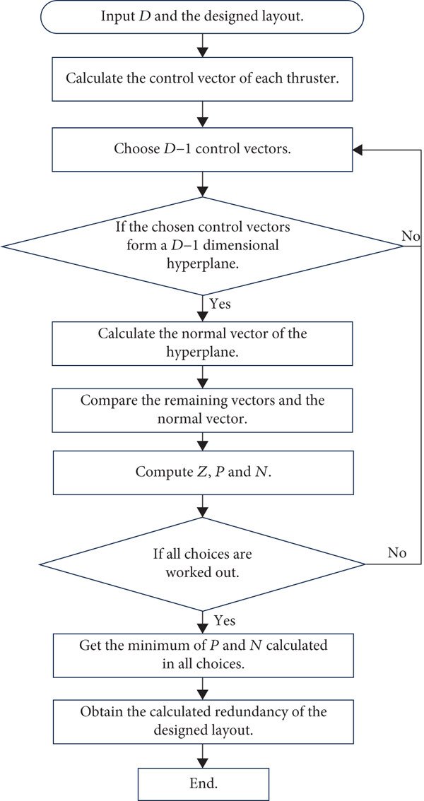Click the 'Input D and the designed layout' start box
click(204, 17)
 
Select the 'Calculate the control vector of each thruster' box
click(204, 81)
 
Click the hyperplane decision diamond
click(204, 247)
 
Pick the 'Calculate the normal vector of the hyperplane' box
click(204, 344)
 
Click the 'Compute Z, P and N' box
click(204, 473)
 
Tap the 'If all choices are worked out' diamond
click(203, 564)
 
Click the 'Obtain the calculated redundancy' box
click(204, 720)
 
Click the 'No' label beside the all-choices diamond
click(397, 554)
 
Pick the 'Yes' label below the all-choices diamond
click(224, 620)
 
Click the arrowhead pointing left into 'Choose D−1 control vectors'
click(360, 150)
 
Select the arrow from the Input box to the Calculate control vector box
click(204, 47)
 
